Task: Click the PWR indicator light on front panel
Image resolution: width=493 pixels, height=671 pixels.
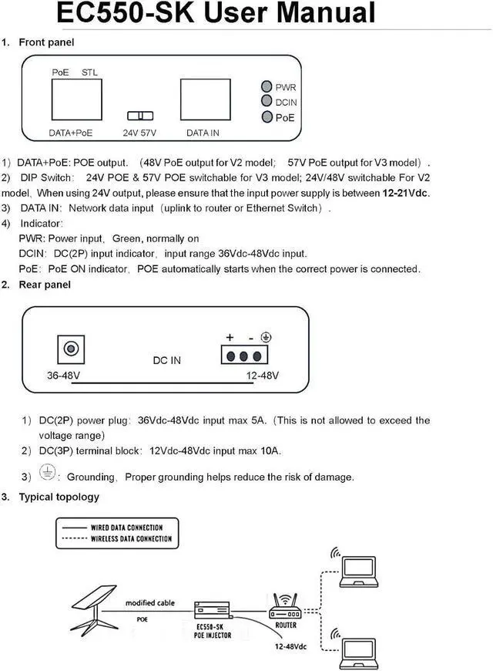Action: pos(266,87)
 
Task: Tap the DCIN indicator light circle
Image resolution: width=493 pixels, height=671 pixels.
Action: pos(266,102)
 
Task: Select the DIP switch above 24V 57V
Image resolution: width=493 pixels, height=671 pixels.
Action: pos(140,116)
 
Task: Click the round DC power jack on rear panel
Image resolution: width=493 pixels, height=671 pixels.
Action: pos(71,349)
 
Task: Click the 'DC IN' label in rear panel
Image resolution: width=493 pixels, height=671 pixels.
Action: pos(166,360)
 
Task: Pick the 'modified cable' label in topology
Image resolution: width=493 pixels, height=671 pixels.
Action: pos(150,602)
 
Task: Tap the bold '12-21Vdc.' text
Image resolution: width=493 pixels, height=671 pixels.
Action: pos(406,193)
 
